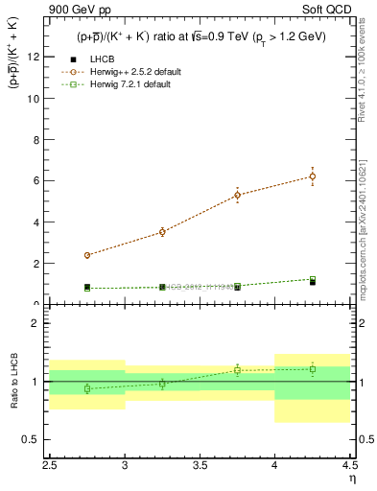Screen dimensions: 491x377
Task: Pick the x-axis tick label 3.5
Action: pos(200,464)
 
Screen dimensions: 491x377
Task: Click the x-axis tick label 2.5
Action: pos(50,464)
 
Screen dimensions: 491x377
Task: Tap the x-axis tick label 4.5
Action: pos(349,464)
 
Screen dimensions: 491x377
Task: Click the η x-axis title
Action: pos(351,477)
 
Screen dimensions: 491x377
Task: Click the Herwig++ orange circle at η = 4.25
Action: pos(313,176)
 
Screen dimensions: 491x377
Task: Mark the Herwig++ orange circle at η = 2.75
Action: pos(87,255)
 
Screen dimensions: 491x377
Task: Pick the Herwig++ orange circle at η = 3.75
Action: pos(238,195)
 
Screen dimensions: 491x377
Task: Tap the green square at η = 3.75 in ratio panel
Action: pos(238,370)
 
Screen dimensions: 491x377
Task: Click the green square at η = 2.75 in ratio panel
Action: pos(87,388)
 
